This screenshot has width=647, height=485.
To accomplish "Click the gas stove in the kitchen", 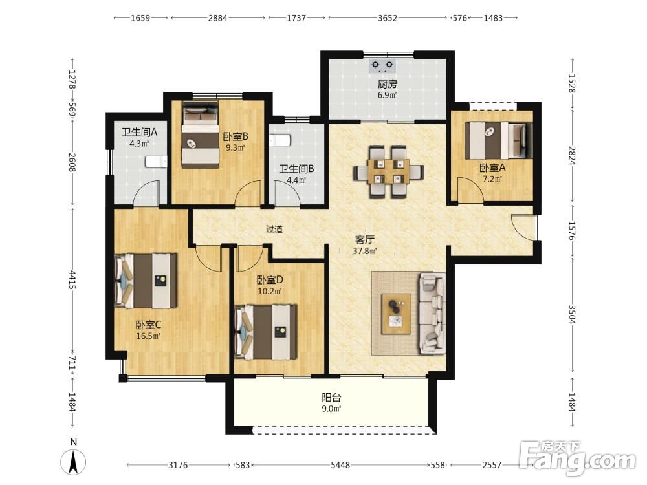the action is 382,66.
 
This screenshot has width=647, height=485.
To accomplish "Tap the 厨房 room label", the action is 387,84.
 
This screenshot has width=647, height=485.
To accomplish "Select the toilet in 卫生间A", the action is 156,161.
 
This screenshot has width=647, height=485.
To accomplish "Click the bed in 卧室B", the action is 200,135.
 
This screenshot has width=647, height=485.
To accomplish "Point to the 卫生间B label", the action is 296,169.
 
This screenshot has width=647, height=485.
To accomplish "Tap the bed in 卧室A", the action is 498,140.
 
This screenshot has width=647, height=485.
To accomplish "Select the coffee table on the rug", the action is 396,314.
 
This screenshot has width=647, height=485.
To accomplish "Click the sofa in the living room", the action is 432,314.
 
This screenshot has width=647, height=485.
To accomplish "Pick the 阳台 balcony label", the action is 331,398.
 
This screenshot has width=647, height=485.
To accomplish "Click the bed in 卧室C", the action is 145,281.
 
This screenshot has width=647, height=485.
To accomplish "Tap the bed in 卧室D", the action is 266,332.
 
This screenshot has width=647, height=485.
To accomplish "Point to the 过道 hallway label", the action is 274,229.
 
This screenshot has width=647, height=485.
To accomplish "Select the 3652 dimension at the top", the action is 388,17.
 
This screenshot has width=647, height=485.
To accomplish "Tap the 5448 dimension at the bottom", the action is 340,465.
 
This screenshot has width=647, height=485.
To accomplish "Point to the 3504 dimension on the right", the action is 572,314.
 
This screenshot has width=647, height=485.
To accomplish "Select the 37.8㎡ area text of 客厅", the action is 365,251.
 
